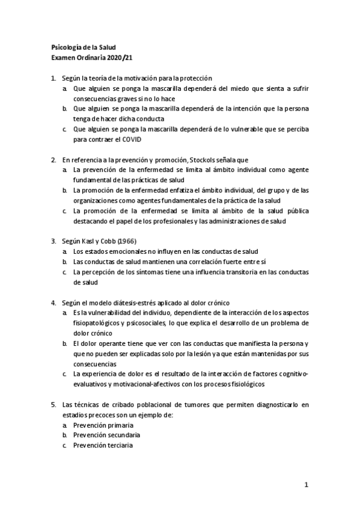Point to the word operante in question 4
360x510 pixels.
(105, 343)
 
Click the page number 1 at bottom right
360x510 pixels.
(306, 484)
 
